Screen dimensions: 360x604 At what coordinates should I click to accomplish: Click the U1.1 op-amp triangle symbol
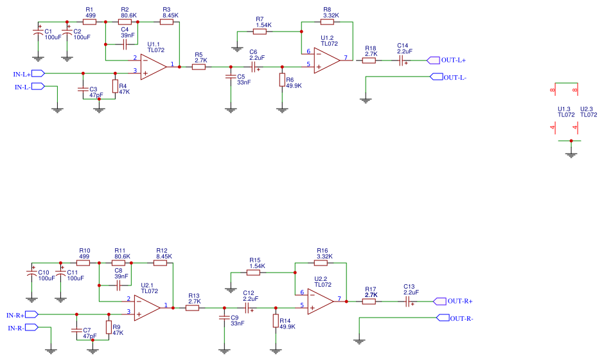[x=153, y=66]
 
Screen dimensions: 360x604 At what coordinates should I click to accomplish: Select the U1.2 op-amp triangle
[x=326, y=59]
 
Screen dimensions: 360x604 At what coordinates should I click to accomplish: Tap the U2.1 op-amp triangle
[x=147, y=306]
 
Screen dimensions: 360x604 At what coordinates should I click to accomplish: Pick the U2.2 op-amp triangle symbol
[x=320, y=300]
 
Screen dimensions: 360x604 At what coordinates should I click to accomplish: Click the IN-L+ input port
[x=37, y=74]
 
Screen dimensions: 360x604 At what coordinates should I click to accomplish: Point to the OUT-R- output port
[x=442, y=318]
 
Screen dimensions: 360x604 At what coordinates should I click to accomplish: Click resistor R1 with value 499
[x=90, y=22]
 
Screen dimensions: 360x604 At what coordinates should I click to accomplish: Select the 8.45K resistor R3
[x=166, y=22]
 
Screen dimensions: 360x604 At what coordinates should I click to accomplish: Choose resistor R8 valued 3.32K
[x=331, y=22]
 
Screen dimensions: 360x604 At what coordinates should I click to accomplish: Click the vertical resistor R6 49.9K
[x=281, y=79]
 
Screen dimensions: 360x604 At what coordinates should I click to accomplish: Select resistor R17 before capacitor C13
[x=369, y=301]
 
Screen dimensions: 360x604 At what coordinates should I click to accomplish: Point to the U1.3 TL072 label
[x=565, y=112]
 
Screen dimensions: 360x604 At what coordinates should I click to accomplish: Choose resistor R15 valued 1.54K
[x=254, y=273]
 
